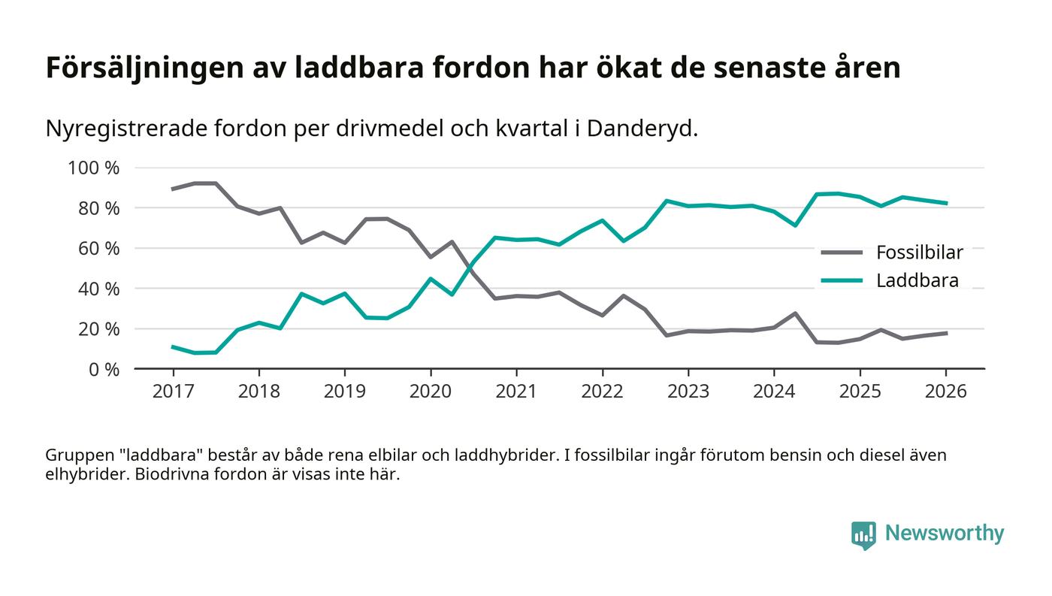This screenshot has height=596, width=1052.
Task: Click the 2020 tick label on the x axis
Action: (x=431, y=392)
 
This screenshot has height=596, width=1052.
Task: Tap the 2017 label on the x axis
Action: (x=173, y=392)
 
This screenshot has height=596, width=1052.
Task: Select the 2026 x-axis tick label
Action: (x=945, y=392)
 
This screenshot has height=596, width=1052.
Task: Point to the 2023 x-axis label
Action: (x=688, y=392)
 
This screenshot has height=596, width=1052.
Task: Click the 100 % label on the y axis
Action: (x=94, y=168)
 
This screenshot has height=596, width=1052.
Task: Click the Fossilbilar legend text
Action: (x=919, y=253)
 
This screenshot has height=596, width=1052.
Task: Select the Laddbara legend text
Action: (x=917, y=281)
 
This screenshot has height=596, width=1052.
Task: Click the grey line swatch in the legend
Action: (x=841, y=253)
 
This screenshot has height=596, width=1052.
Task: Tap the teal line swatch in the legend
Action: (x=841, y=281)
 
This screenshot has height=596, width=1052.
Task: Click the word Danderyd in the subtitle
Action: (x=641, y=129)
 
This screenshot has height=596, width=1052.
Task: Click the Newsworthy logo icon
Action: (x=863, y=534)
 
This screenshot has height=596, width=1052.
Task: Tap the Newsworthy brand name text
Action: (x=944, y=534)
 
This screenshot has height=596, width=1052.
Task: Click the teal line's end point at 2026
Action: (x=946, y=203)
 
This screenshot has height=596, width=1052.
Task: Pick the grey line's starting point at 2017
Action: (x=173, y=189)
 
